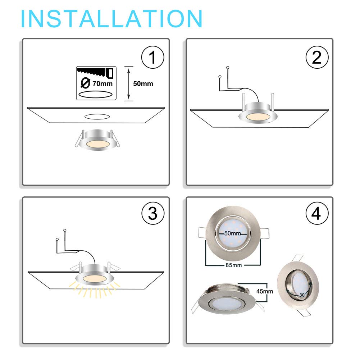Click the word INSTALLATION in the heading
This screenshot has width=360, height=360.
[111, 19]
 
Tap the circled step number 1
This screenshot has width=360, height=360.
[153, 58]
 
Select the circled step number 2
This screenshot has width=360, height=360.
[317, 58]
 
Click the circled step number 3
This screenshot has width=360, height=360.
[153, 214]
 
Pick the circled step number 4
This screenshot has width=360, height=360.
[317, 214]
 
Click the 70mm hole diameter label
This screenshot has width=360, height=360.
[102, 84]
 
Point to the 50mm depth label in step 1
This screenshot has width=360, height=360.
[143, 84]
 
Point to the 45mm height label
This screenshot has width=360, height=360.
[265, 291]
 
